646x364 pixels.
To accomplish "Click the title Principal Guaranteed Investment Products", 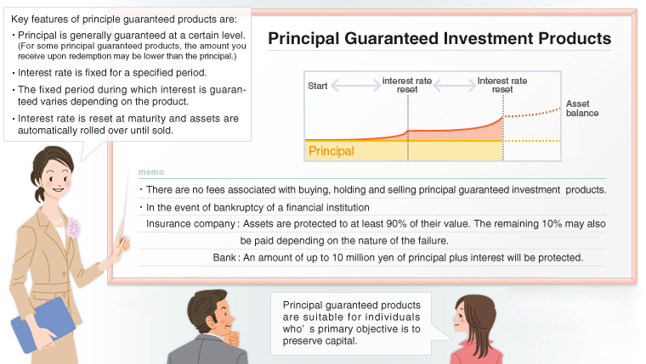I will coord(439,39).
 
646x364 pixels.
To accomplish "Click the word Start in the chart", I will coord(317,86).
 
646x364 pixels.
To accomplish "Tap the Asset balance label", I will coord(581,108).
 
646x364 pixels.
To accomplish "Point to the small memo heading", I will coord(149,172).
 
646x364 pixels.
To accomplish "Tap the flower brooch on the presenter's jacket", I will coord(74,228).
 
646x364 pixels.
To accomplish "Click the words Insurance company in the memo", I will coord(191,224).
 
